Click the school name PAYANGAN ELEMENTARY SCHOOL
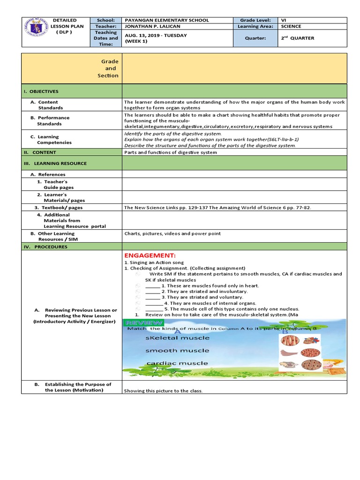pyautogui.click(x=166, y=20)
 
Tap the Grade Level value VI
pyautogui.click(x=283, y=20)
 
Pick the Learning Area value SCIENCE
pyautogui.click(x=291, y=27)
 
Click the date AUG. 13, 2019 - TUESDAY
pyautogui.click(x=156, y=36)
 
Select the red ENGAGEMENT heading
pyautogui.click(x=150, y=255)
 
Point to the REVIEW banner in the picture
pyautogui.click(x=143, y=323)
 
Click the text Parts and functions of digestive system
pyautogui.click(x=171, y=152)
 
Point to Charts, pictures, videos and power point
pyautogui.click(x=172, y=233)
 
